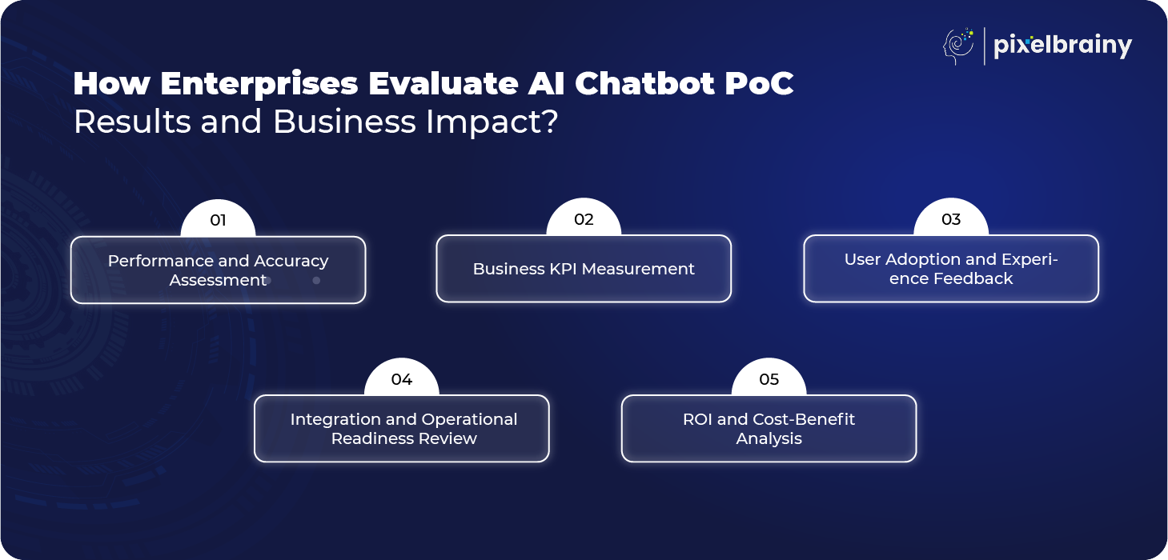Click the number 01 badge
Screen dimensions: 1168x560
218,218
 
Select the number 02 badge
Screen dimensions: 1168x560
584,218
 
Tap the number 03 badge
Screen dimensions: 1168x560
951,218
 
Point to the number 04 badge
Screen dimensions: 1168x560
402,378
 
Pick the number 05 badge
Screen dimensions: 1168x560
769,378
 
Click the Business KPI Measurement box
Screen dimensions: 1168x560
584,269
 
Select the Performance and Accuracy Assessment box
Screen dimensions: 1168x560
218,270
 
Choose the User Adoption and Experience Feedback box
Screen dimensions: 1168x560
951,269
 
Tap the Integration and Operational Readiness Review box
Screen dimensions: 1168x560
402,429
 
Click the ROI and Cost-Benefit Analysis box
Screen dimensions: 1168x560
769,429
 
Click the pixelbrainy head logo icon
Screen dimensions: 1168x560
958,46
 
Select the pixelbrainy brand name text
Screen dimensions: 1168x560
1062,46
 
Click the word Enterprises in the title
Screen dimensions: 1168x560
259,84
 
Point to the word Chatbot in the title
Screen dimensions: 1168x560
644,83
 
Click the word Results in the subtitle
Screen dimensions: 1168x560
133,122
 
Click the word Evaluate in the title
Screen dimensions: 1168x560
442,83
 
